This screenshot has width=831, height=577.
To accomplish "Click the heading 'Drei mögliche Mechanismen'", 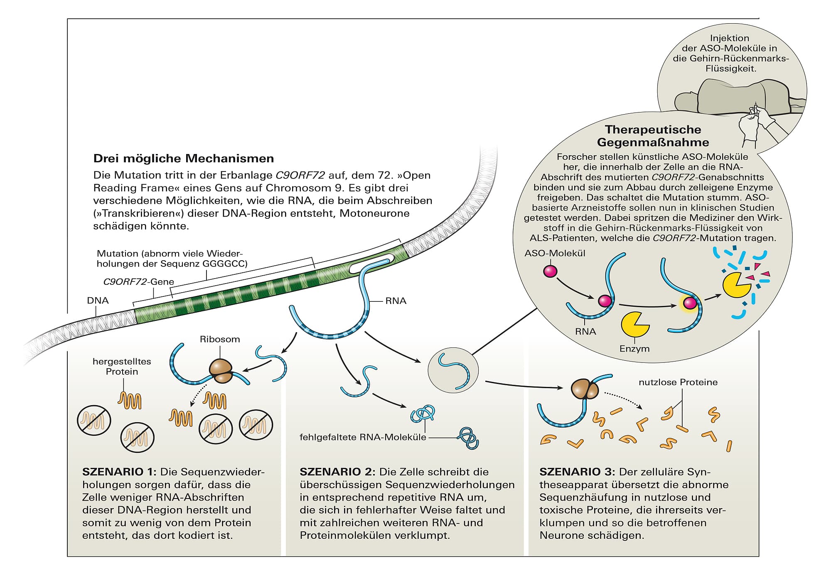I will pos(183,159).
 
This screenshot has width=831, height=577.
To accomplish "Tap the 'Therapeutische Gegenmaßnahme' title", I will pos(653,136).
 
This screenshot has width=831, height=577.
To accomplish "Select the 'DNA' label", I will pos(98,301).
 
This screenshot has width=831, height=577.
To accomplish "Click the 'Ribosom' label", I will pos(220,339).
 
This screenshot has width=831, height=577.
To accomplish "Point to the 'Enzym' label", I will pos(634,349).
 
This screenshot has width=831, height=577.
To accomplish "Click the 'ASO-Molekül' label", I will pos(555,253).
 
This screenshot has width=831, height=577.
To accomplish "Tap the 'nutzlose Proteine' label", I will pos(678,382).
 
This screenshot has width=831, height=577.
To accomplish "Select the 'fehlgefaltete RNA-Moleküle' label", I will pos(363,437).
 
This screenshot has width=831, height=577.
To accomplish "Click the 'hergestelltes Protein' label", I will pos(122,367).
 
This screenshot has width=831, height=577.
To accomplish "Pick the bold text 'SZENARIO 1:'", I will pos(119,472).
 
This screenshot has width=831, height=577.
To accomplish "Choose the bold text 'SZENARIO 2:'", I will pos(337,472).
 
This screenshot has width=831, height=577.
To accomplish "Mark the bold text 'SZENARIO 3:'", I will pos(577,472).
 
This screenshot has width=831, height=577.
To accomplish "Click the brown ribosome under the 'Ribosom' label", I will pos(221,370).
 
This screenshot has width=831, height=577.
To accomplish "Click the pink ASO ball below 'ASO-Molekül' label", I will pos(550,271).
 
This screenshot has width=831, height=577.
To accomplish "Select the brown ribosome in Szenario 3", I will pos(584,389).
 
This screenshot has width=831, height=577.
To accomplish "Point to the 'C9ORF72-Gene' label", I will pos(138,282).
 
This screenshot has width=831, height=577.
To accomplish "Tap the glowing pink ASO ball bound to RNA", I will pos(690,303).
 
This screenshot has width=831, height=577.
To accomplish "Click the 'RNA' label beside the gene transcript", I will pos(396,301).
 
